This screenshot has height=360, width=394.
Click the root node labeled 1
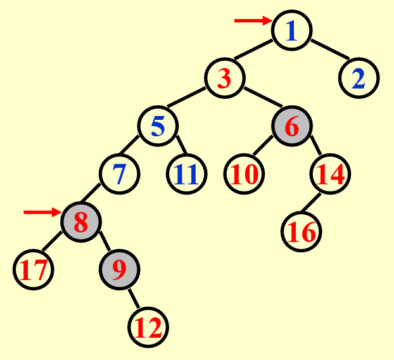coord(292,30)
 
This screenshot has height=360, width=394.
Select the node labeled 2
coord(359,78)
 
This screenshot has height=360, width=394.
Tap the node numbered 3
coord(225,78)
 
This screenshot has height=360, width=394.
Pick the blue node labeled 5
coord(158,126)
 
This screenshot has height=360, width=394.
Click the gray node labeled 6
coord(292,126)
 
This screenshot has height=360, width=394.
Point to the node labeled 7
coord(119,174)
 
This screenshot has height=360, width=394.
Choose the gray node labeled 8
coord(81,222)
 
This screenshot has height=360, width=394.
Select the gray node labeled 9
coord(119,270)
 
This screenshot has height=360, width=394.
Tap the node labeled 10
coord(244,174)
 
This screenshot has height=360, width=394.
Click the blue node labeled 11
coord(186,174)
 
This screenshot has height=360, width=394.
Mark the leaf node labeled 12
coord(148,327)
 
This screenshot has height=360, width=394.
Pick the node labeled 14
coord(330,174)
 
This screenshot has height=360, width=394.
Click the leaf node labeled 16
coord(302,231)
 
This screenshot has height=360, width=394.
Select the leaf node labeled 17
coord(33,270)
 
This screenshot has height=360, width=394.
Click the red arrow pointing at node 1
coord(253,21)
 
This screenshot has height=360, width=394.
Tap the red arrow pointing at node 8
coord(42,212)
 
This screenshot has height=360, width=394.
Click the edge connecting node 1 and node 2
coord(330,49)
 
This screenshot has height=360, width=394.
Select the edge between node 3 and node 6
coord(263,98)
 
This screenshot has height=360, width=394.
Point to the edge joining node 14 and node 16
coord(311,202)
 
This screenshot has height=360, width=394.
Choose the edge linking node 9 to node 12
coord(134,299)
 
